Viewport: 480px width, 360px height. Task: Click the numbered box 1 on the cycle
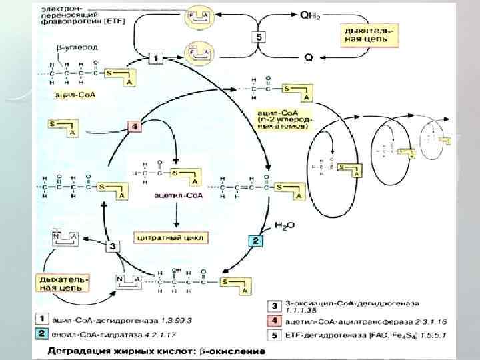[155, 59]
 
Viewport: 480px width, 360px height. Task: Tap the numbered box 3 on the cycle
[113, 246]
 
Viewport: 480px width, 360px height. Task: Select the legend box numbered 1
[41, 319]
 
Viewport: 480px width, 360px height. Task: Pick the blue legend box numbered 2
[41, 333]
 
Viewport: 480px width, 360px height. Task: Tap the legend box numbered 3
[275, 306]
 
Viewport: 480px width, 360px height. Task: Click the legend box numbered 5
[275, 334]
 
